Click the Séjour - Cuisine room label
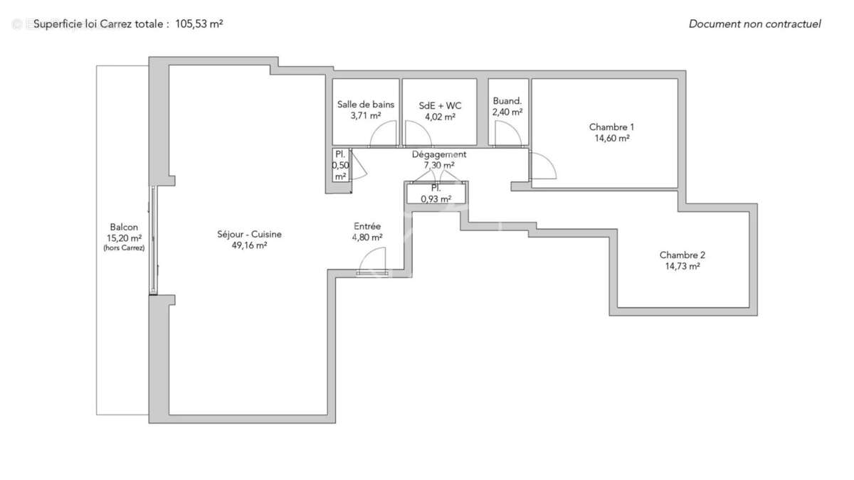[249, 234]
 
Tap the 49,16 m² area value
[249, 245]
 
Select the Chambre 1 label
[611, 127]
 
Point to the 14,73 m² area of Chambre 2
[682, 267]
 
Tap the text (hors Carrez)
[124, 248]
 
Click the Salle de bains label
[365, 105]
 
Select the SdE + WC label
[440, 105]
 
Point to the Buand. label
[507, 101]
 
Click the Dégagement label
[439, 154]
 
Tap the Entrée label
[367, 226]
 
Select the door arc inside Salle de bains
[385, 134]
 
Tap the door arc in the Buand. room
[506, 134]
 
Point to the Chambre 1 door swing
[543, 166]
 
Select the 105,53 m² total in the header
[199, 23]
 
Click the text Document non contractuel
[754, 23]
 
